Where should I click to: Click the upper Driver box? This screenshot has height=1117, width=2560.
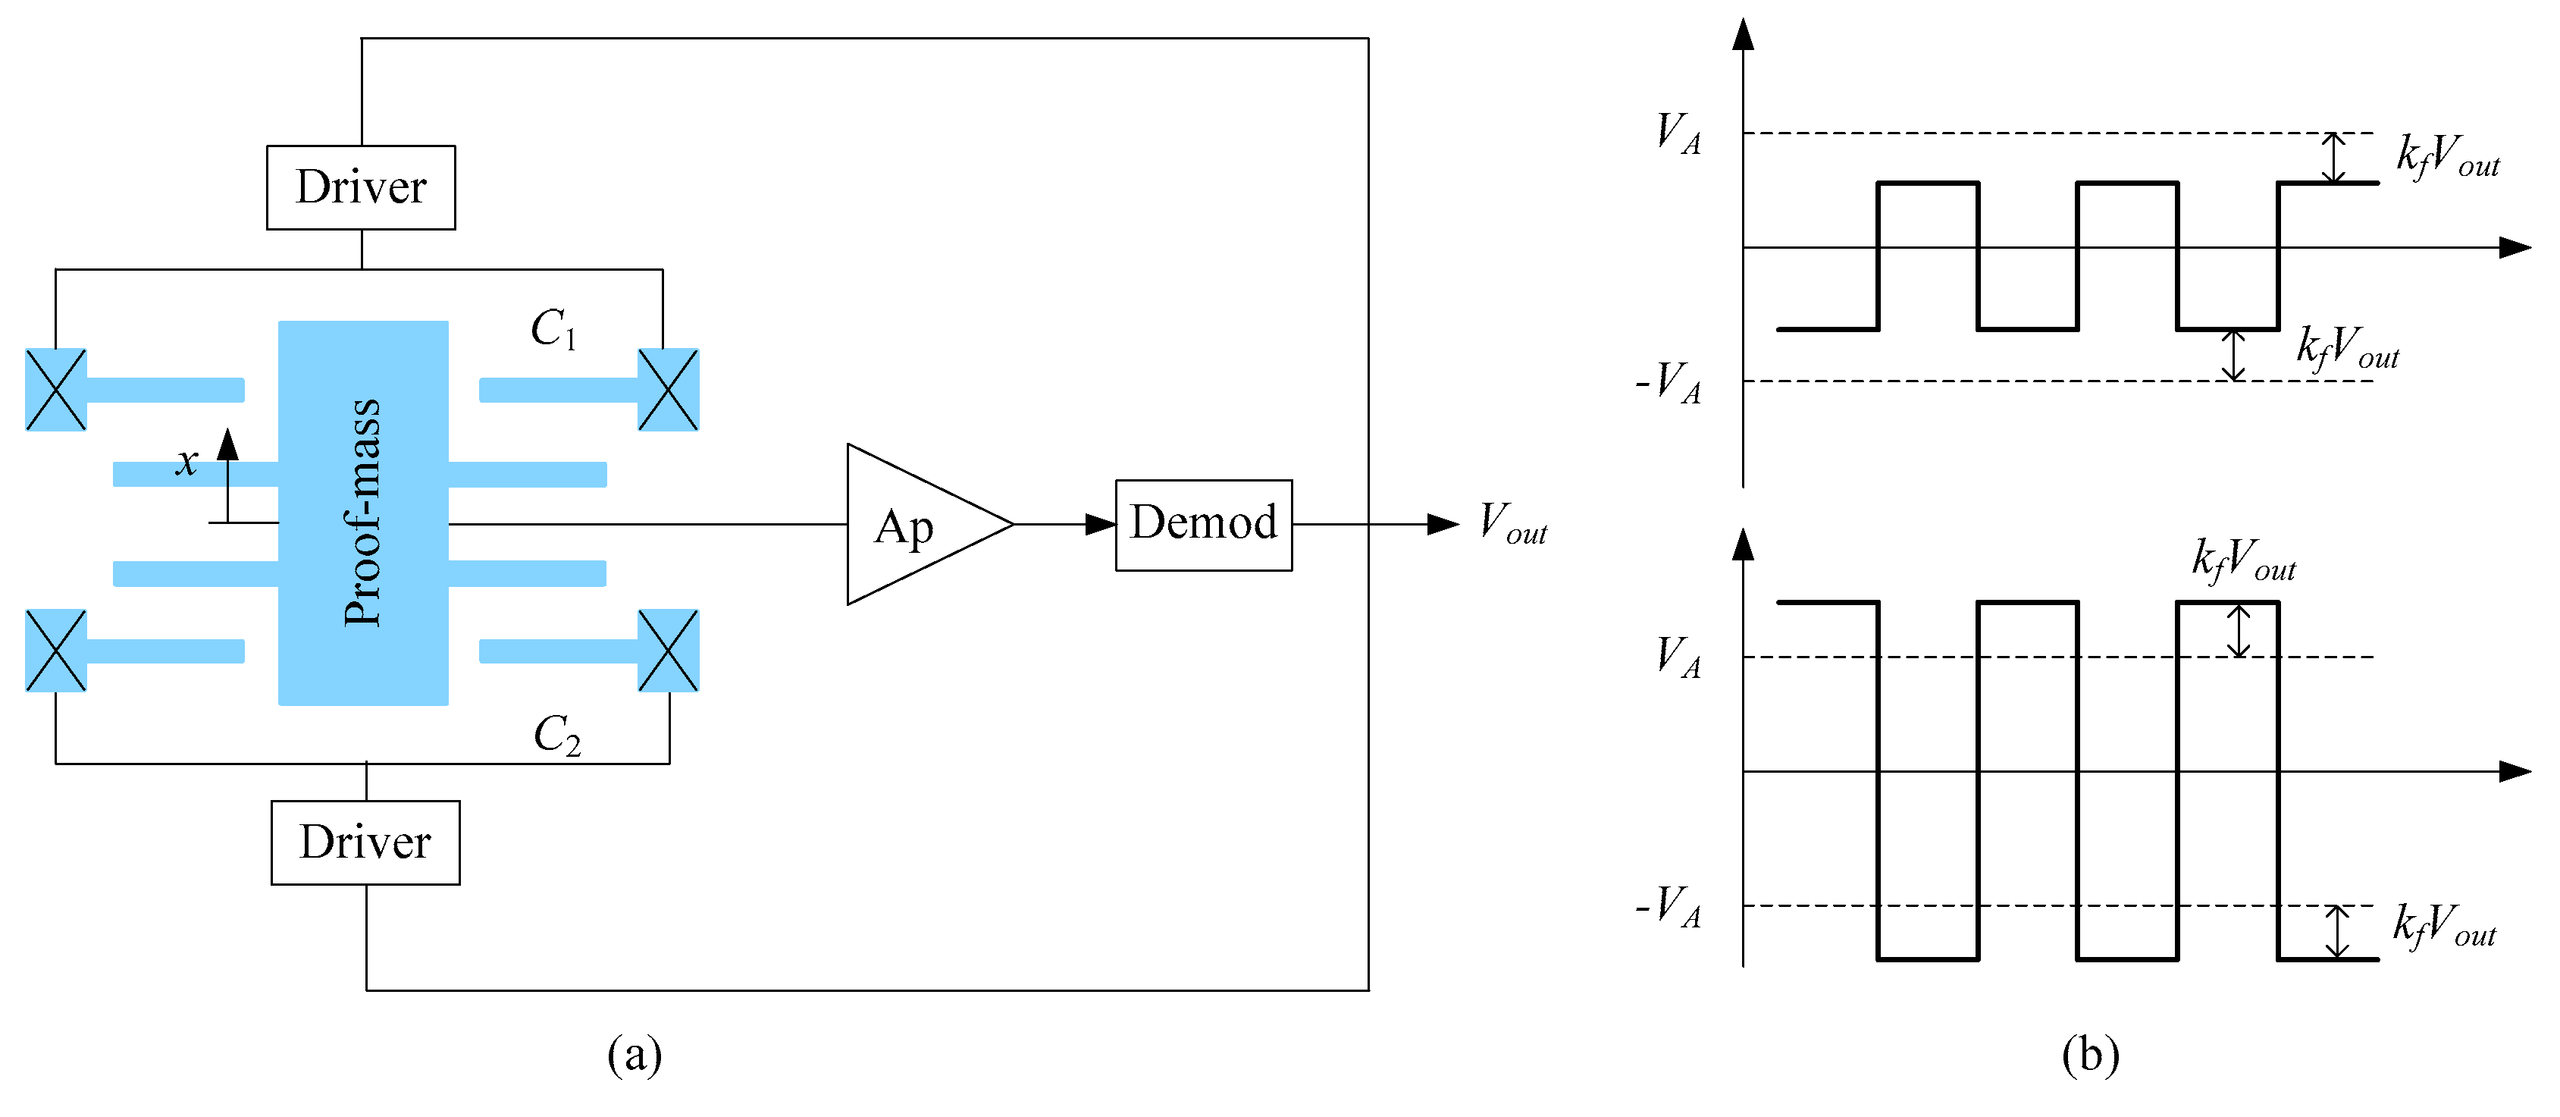[361, 188]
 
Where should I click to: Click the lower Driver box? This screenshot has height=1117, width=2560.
[365, 842]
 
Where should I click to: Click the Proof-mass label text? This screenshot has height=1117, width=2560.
[362, 512]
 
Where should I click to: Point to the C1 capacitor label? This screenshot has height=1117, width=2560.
[553, 329]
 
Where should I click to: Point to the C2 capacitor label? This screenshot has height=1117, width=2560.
[556, 736]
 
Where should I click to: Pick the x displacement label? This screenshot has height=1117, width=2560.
[186, 462]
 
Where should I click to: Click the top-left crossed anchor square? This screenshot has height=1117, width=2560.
[55, 390]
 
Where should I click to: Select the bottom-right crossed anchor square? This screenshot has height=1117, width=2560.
[668, 650]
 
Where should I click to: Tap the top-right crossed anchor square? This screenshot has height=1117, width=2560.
[668, 390]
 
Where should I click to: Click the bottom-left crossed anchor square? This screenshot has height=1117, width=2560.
[55, 650]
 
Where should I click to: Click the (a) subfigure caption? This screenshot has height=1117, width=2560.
[634, 1053]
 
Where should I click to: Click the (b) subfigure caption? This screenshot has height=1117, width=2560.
[2090, 1053]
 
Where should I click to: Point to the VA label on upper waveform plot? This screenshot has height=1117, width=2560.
[1678, 133]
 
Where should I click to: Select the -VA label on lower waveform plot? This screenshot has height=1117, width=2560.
[1669, 906]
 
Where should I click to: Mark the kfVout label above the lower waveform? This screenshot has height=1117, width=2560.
[2243, 560]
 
